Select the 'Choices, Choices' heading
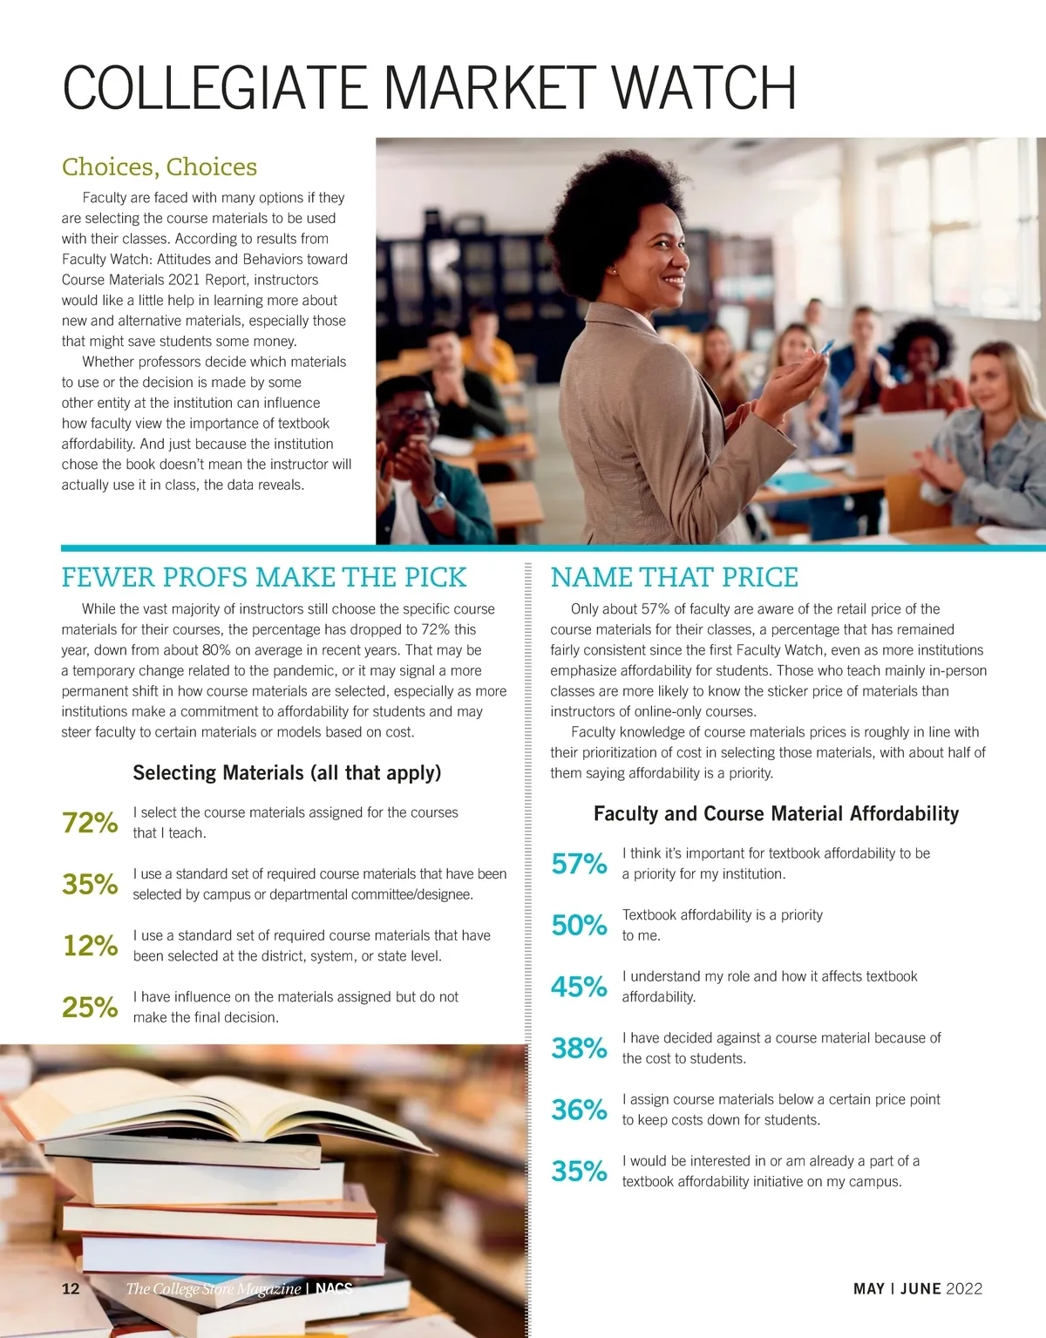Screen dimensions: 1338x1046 tap(159, 166)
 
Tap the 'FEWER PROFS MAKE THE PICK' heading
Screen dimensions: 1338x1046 tap(263, 577)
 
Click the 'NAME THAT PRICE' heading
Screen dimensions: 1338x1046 tap(674, 577)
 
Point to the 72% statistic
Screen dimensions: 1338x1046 tap(90, 822)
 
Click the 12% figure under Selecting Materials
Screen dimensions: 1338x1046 tap(90, 945)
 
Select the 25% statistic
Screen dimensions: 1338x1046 tap(90, 1007)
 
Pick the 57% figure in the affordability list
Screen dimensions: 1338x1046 tap(579, 864)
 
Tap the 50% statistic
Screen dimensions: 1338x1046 tap(579, 925)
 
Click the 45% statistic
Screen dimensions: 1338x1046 tap(579, 987)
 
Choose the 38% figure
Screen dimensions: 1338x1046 tap(579, 1048)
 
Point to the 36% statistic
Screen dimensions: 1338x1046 tap(579, 1110)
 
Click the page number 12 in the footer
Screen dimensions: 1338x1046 tap(71, 1288)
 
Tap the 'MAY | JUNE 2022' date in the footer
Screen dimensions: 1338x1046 tap(917, 1288)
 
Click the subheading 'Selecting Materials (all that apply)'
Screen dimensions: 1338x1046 tap(287, 772)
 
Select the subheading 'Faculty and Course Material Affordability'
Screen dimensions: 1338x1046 tap(776, 813)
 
